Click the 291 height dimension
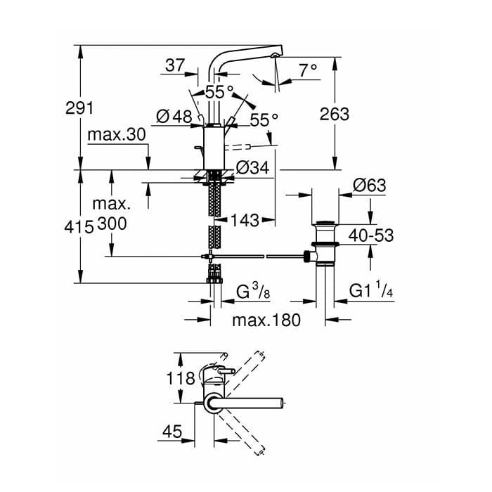(79, 108)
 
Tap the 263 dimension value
(334, 114)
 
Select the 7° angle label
(308, 70)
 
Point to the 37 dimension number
(175, 65)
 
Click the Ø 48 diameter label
(174, 117)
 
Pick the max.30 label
(117, 135)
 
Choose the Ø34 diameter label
(252, 167)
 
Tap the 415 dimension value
(79, 226)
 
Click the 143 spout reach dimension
(245, 220)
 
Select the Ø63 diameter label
(369, 185)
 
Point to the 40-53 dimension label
(371, 235)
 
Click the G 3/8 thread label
(253, 292)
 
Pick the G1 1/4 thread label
(371, 290)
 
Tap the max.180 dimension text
(266, 320)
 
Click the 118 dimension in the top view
(181, 378)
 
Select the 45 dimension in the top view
(172, 431)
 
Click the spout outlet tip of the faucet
(274, 56)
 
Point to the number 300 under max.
(112, 224)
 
